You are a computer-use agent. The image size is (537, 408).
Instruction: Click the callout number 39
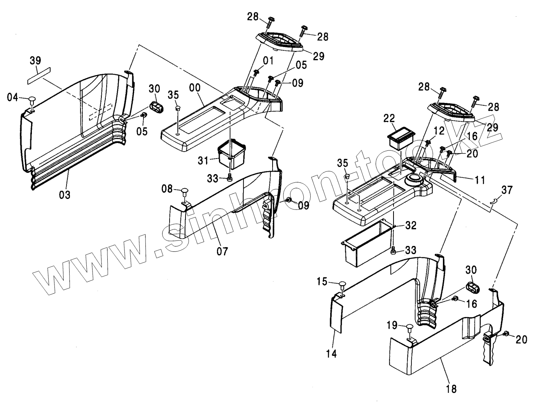tap(35, 61)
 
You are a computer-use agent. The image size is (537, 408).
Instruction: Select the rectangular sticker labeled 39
tap(38, 75)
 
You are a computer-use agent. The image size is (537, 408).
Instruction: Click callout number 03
tap(65, 194)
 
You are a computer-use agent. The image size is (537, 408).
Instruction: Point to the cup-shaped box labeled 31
tap(232, 153)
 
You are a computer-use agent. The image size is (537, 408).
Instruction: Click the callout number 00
tap(196, 88)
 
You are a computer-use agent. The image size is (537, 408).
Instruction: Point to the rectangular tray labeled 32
tap(365, 243)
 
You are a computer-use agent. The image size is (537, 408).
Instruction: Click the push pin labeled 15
tap(342, 285)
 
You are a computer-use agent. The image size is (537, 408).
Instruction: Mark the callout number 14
tap(332, 353)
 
